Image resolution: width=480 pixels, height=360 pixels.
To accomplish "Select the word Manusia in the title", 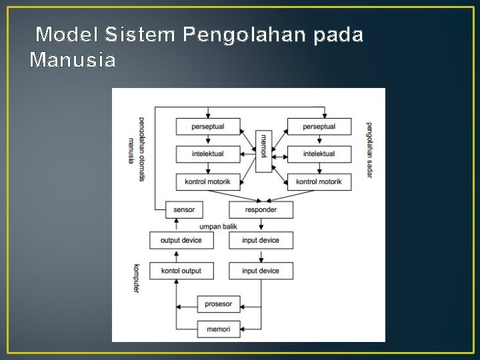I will click(x=73, y=61).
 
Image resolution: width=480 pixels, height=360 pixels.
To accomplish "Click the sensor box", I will click(x=184, y=209).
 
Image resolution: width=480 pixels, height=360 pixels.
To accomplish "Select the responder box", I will click(x=260, y=209).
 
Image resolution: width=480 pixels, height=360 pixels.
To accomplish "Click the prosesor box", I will click(x=219, y=304).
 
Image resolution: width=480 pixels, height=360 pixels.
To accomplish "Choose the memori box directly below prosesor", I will click(x=219, y=329).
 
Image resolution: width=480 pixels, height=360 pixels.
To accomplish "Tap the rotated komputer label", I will click(x=137, y=279).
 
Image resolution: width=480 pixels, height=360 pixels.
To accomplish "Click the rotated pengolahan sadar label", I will click(x=369, y=150).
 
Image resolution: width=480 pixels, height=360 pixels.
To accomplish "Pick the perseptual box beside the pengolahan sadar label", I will click(x=319, y=126).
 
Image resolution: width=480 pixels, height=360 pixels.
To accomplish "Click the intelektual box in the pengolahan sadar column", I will click(x=319, y=154).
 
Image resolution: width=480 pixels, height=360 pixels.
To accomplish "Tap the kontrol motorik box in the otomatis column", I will click(x=207, y=181).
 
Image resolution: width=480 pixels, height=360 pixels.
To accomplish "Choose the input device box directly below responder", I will click(x=260, y=240).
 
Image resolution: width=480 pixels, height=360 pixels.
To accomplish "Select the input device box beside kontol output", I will click(x=260, y=271).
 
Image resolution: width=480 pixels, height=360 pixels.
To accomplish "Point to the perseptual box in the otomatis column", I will click(x=207, y=126).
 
